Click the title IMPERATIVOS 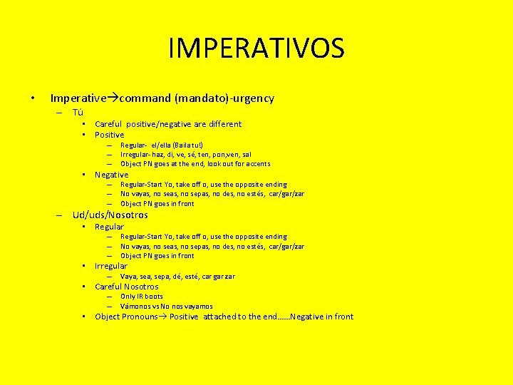coord(256,48)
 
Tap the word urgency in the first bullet coord(254,98)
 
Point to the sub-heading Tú coord(78,113)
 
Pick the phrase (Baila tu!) coord(185,145)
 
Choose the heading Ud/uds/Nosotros coord(110,215)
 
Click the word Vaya coord(129,277)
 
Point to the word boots coord(153,297)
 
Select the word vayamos coord(197,307)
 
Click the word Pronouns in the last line coord(140,317)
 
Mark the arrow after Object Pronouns coord(163,317)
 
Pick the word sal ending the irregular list coord(247,154)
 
